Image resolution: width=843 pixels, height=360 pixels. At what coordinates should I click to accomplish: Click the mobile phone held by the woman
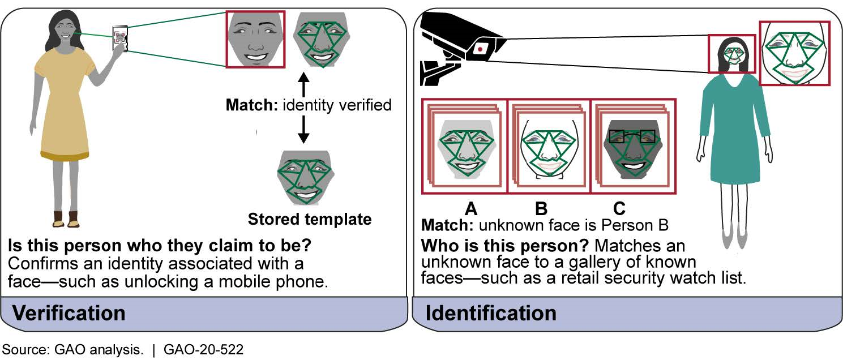[x=119, y=38]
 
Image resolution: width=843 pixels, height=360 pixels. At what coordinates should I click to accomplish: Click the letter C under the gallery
[x=619, y=209]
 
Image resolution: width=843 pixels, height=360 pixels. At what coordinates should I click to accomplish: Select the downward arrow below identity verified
[x=303, y=131]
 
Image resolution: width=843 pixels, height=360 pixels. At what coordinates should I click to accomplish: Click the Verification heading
[x=69, y=313]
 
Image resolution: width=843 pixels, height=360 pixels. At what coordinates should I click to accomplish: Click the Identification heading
[x=490, y=313]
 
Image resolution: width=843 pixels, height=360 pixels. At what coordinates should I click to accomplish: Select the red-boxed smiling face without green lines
[x=255, y=40]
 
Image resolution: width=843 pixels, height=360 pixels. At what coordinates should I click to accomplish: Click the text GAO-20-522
[x=203, y=350]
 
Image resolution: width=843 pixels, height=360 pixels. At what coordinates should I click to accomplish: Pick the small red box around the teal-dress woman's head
[x=732, y=54]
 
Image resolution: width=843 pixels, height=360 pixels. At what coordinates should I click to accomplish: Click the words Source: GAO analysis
[x=73, y=350]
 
